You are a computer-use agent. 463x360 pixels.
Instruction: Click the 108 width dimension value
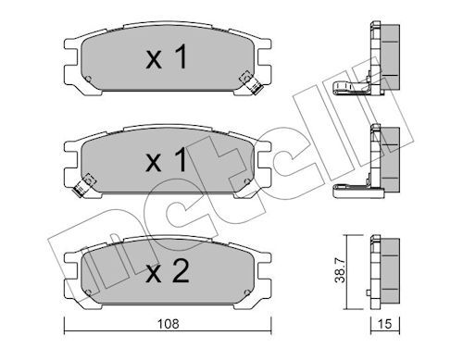point(168,324)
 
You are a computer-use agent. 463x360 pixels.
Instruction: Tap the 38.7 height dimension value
point(341,271)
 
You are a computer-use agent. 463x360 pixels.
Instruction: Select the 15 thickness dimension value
point(384,324)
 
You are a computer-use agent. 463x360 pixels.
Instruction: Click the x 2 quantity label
point(168,271)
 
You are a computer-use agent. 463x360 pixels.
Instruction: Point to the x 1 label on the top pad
point(167,56)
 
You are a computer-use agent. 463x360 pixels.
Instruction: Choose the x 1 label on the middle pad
point(167,159)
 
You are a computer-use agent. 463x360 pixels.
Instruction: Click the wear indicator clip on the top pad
point(251,82)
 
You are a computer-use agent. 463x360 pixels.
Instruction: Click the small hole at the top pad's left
point(88,79)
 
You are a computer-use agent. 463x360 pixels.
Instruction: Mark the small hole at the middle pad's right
point(247,181)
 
